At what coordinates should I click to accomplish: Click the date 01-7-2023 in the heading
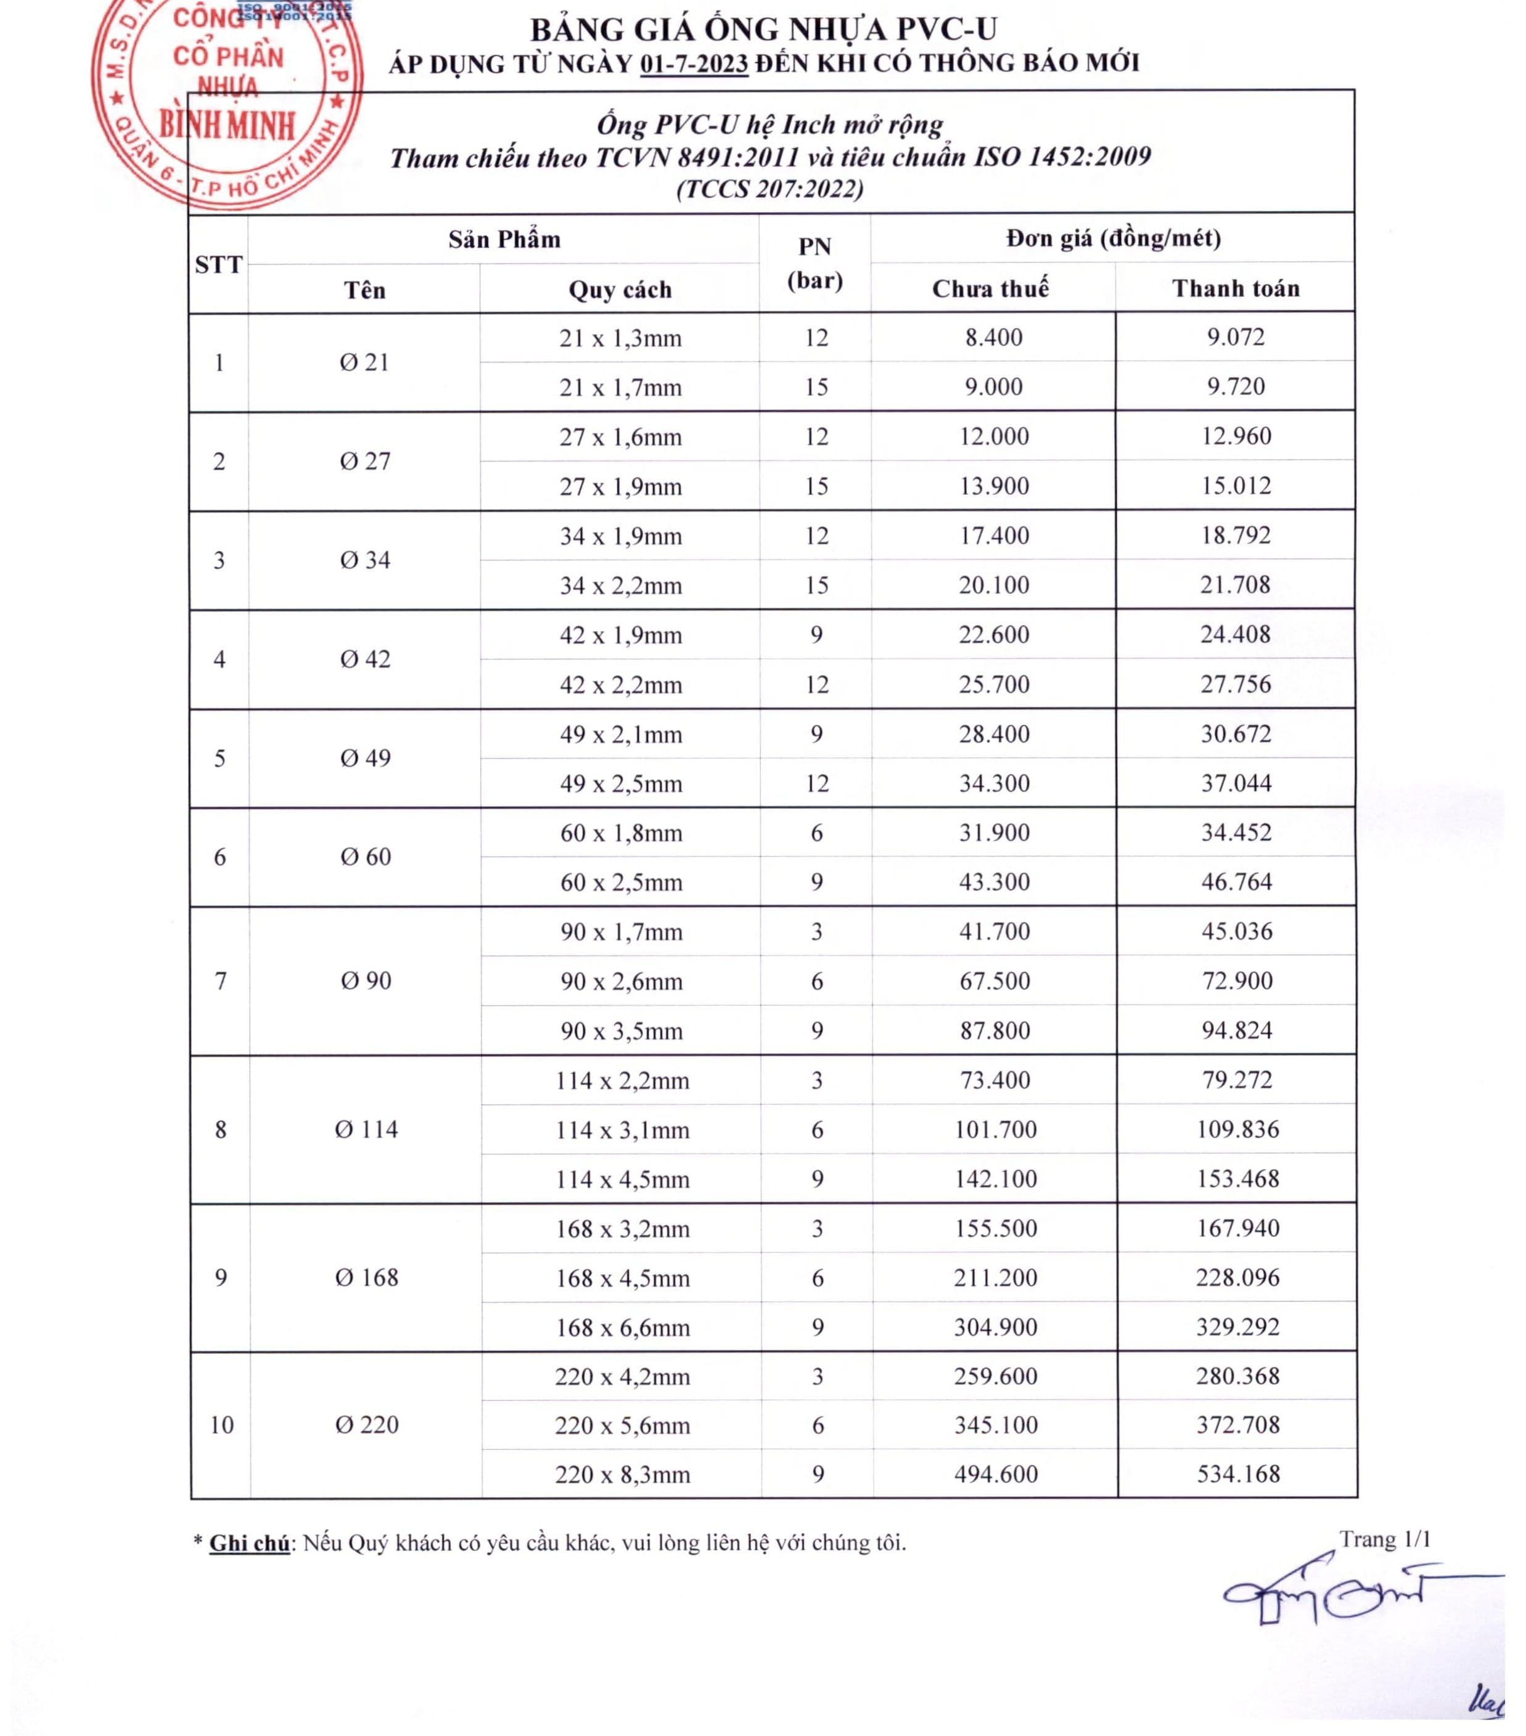pos(694,63)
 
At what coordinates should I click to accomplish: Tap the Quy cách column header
pos(620,290)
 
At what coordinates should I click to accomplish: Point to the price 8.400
pos(993,337)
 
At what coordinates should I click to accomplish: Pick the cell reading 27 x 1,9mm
pos(620,487)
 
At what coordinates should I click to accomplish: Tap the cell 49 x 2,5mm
pos(620,783)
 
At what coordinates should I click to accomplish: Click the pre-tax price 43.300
pos(994,882)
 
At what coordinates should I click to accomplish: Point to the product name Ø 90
pos(366,981)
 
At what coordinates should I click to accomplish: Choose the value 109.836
pos(1237,1130)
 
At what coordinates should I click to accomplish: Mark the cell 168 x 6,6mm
pos(622,1327)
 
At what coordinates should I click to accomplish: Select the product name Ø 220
pos(366,1424)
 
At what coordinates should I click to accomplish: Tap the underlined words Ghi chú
pos(249,1543)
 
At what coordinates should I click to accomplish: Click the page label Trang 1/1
pos(1385,1539)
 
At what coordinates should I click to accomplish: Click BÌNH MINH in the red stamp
pos(228,126)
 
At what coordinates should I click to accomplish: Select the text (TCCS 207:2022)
pos(770,189)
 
